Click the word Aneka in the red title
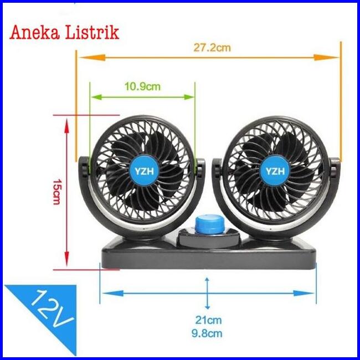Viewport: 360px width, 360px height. [x=34, y=32]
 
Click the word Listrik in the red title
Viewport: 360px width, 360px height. [x=92, y=32]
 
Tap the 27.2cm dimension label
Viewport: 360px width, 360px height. [x=212, y=48]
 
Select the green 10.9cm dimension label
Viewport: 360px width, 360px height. [x=142, y=86]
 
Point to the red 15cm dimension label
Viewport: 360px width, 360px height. [x=56, y=192]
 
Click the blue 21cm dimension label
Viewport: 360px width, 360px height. [x=208, y=320]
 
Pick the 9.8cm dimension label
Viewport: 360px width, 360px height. [x=207, y=333]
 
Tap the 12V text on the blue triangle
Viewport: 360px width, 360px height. [x=52, y=309]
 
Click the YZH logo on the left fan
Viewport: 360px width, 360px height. [x=144, y=171]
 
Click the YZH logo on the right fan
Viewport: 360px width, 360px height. [x=275, y=171]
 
